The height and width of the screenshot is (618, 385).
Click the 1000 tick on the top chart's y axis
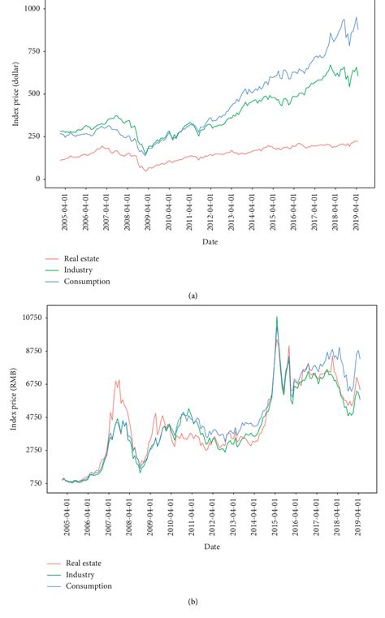[x=37, y=7]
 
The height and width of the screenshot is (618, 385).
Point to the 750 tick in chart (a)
[x=38, y=50]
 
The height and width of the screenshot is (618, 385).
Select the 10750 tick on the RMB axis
[x=34, y=318]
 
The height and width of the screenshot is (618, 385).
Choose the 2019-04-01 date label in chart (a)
[x=358, y=213]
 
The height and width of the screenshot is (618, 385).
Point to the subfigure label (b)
[x=192, y=602]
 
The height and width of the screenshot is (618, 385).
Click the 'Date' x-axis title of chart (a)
[x=210, y=241]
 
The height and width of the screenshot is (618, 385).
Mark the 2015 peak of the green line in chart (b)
[x=277, y=318]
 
